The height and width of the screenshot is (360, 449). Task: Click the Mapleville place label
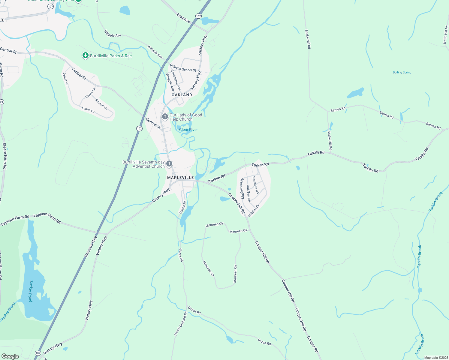click(x=180, y=178)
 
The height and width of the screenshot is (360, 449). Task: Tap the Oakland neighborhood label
click(x=182, y=95)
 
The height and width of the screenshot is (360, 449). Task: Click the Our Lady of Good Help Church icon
click(x=165, y=116)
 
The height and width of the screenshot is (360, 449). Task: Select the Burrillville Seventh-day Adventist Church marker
click(x=169, y=164)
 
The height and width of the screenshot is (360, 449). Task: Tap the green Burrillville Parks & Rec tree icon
click(x=86, y=55)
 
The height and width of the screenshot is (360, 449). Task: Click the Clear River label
click(x=188, y=130)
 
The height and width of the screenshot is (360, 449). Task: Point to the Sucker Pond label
click(x=31, y=291)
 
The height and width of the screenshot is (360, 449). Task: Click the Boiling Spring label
click(x=402, y=72)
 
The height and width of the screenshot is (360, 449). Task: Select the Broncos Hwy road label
click(x=91, y=247)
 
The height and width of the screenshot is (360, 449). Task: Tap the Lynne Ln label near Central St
click(x=65, y=79)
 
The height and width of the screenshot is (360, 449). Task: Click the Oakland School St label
click(x=183, y=68)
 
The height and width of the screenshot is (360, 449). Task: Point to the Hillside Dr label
click(x=254, y=211)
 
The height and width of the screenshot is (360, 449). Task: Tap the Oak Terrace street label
click(x=249, y=194)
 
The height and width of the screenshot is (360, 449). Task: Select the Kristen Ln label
click(x=101, y=104)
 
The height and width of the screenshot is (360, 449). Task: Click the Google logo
click(x=10, y=356)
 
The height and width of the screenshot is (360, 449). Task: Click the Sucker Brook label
click(x=8, y=312)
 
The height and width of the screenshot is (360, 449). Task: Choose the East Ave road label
click(x=183, y=18)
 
